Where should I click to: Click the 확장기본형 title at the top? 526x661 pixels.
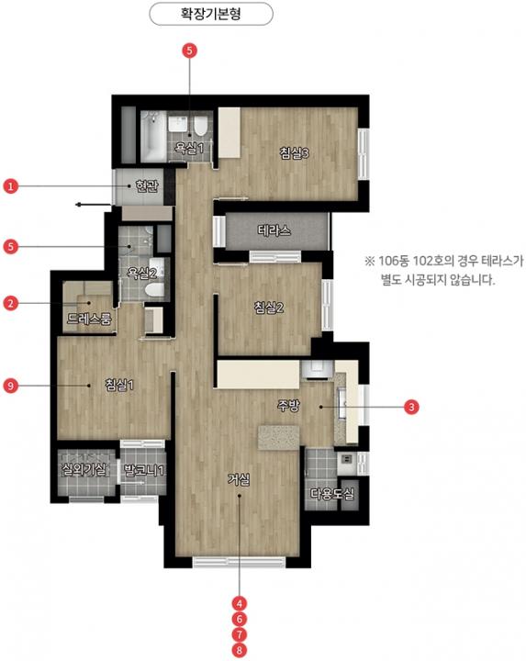[x=211, y=14]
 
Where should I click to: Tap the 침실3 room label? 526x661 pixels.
[x=294, y=152]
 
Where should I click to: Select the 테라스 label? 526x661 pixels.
[x=274, y=230]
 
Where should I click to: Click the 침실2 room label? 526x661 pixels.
[x=269, y=308]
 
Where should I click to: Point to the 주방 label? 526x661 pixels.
[x=289, y=406]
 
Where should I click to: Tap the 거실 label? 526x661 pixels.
[x=239, y=479]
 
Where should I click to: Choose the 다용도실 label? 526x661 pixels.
[x=332, y=494]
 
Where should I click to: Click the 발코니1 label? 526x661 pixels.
[x=143, y=470]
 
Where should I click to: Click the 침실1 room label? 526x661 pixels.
[x=119, y=385]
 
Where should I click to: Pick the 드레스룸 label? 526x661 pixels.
[x=89, y=319]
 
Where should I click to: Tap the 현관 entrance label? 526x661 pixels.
[x=147, y=185]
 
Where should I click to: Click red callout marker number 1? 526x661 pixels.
[x=10, y=185]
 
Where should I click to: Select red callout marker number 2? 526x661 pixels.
[x=10, y=303]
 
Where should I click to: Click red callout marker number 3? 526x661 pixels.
[x=411, y=407]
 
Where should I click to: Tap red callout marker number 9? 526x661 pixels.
[x=10, y=385]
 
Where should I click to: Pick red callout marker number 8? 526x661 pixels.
[x=240, y=650]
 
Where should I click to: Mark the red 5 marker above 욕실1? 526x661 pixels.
[x=189, y=50]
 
